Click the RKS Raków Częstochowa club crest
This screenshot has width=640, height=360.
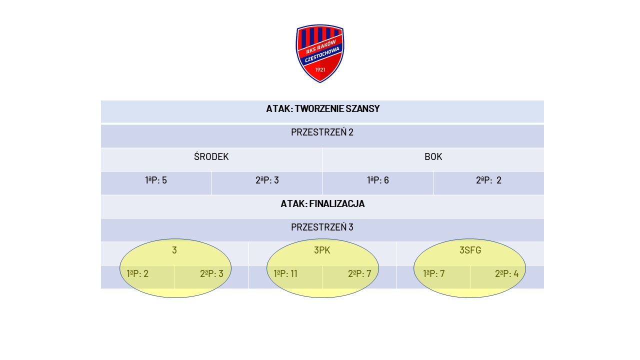pyautogui.click(x=319, y=53)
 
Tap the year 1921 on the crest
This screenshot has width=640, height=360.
pyautogui.click(x=320, y=69)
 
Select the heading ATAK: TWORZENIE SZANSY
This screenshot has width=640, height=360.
pyautogui.click(x=323, y=109)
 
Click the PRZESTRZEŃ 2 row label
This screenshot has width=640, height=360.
pyautogui.click(x=322, y=132)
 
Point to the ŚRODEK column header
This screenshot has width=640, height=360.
pyautogui.click(x=211, y=156)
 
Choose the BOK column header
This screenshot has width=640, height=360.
pyautogui.click(x=433, y=157)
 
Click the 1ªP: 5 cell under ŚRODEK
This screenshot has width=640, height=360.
pyautogui.click(x=155, y=180)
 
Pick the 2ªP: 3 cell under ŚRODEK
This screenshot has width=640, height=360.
pyautogui.click(x=267, y=180)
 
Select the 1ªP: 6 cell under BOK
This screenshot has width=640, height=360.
pyautogui.click(x=377, y=180)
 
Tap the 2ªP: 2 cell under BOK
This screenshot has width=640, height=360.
pyautogui.click(x=488, y=180)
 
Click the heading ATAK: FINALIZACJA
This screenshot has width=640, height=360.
pyautogui.click(x=322, y=203)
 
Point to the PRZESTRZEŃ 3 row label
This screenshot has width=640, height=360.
pyautogui.click(x=322, y=227)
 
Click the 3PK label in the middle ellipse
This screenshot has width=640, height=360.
pyautogui.click(x=322, y=250)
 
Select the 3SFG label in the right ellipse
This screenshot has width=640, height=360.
pyautogui.click(x=470, y=250)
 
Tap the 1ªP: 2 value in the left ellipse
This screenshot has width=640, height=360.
pyautogui.click(x=137, y=273)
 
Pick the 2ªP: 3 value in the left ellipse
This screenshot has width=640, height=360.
pyautogui.click(x=211, y=273)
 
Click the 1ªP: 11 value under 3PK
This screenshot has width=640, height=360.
pyautogui.click(x=285, y=273)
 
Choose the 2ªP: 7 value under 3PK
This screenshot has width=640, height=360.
pyautogui.click(x=359, y=273)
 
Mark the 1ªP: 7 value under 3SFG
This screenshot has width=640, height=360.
pyautogui.click(x=433, y=273)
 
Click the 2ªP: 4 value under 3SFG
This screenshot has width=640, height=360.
pyautogui.click(x=507, y=273)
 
